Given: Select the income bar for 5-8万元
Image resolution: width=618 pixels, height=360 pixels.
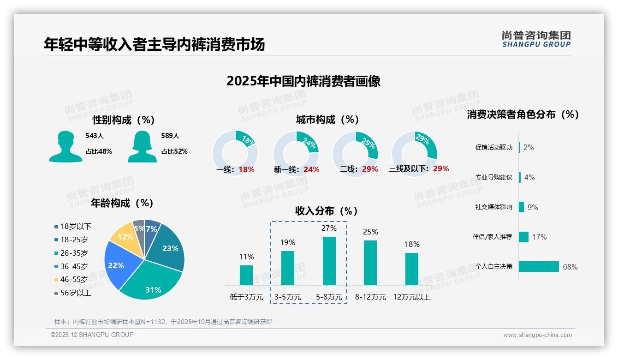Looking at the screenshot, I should [329, 261].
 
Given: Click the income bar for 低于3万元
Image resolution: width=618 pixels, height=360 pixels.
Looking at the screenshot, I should [246, 275].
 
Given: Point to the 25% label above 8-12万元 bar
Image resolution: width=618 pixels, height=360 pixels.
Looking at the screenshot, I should [370, 232].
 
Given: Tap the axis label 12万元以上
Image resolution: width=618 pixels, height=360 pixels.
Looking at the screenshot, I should [411, 297].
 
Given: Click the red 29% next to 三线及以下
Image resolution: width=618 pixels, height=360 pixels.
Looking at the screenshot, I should [441, 169].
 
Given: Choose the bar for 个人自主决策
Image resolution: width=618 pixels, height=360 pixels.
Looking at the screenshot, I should [539, 266].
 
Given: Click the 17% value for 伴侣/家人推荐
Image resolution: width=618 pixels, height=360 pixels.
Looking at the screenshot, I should [539, 237].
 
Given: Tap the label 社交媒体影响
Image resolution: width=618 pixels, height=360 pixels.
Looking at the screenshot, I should [493, 207].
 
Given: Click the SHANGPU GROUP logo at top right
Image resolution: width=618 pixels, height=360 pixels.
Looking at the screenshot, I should [536, 39].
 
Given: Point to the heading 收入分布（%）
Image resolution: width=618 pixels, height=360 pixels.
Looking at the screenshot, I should [327, 211].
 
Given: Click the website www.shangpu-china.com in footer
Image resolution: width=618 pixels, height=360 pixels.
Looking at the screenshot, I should [537, 335].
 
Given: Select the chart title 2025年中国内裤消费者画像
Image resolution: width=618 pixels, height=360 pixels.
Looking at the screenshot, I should [303, 81].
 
